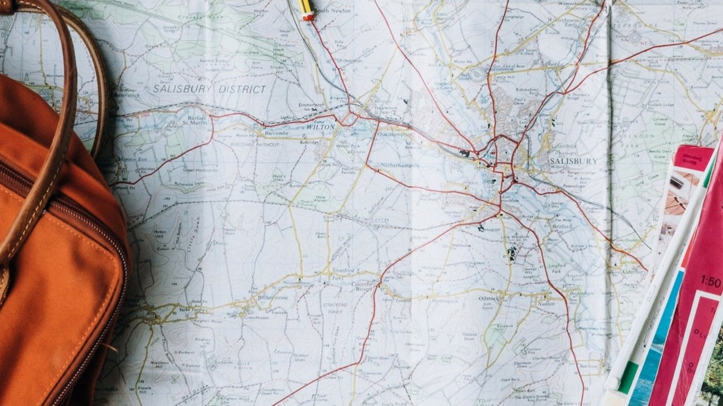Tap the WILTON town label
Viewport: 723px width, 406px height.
320,127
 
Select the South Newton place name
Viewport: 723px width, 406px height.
332,11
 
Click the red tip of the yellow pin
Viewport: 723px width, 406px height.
308,17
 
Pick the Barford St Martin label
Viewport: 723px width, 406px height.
197,121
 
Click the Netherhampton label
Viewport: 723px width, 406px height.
400,166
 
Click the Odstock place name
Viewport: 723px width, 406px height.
488,298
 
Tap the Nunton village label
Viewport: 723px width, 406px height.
546,303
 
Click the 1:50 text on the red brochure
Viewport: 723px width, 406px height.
711,281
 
